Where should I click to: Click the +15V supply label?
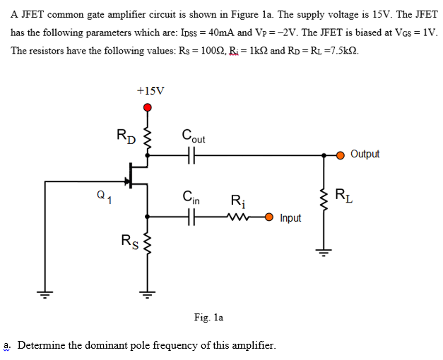pyautogui.click(x=150, y=90)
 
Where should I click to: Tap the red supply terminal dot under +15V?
pyautogui.click(x=148, y=107)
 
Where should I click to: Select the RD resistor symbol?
pyautogui.click(x=148, y=139)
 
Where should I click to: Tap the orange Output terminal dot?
pyautogui.click(x=341, y=155)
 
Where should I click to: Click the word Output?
pyautogui.click(x=365, y=154)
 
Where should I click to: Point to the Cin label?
pyautogui.click(x=191, y=198)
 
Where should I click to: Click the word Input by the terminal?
pyautogui.click(x=290, y=218)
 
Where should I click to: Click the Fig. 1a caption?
pyautogui.click(x=208, y=318)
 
